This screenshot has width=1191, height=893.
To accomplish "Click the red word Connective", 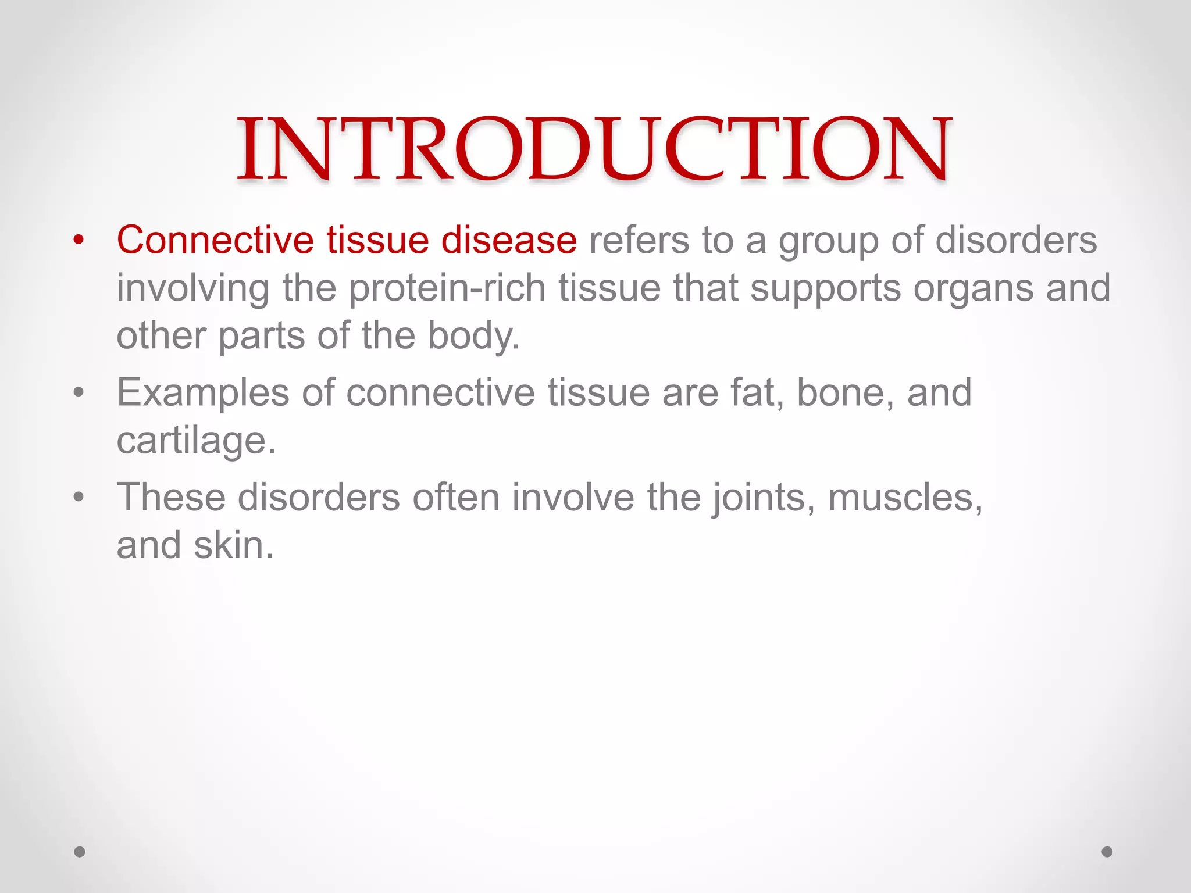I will click(x=215, y=240).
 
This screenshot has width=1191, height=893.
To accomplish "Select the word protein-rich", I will click(x=447, y=288).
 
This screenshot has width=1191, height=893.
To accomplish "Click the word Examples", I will click(x=203, y=393).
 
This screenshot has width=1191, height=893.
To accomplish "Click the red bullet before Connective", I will click(x=79, y=240).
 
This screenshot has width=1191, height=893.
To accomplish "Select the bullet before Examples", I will click(x=79, y=392).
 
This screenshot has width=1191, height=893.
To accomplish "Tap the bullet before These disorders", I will click(x=79, y=498).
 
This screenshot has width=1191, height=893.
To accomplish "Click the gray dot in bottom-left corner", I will click(x=80, y=852).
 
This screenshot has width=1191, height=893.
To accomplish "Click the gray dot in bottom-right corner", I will click(x=1107, y=852).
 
